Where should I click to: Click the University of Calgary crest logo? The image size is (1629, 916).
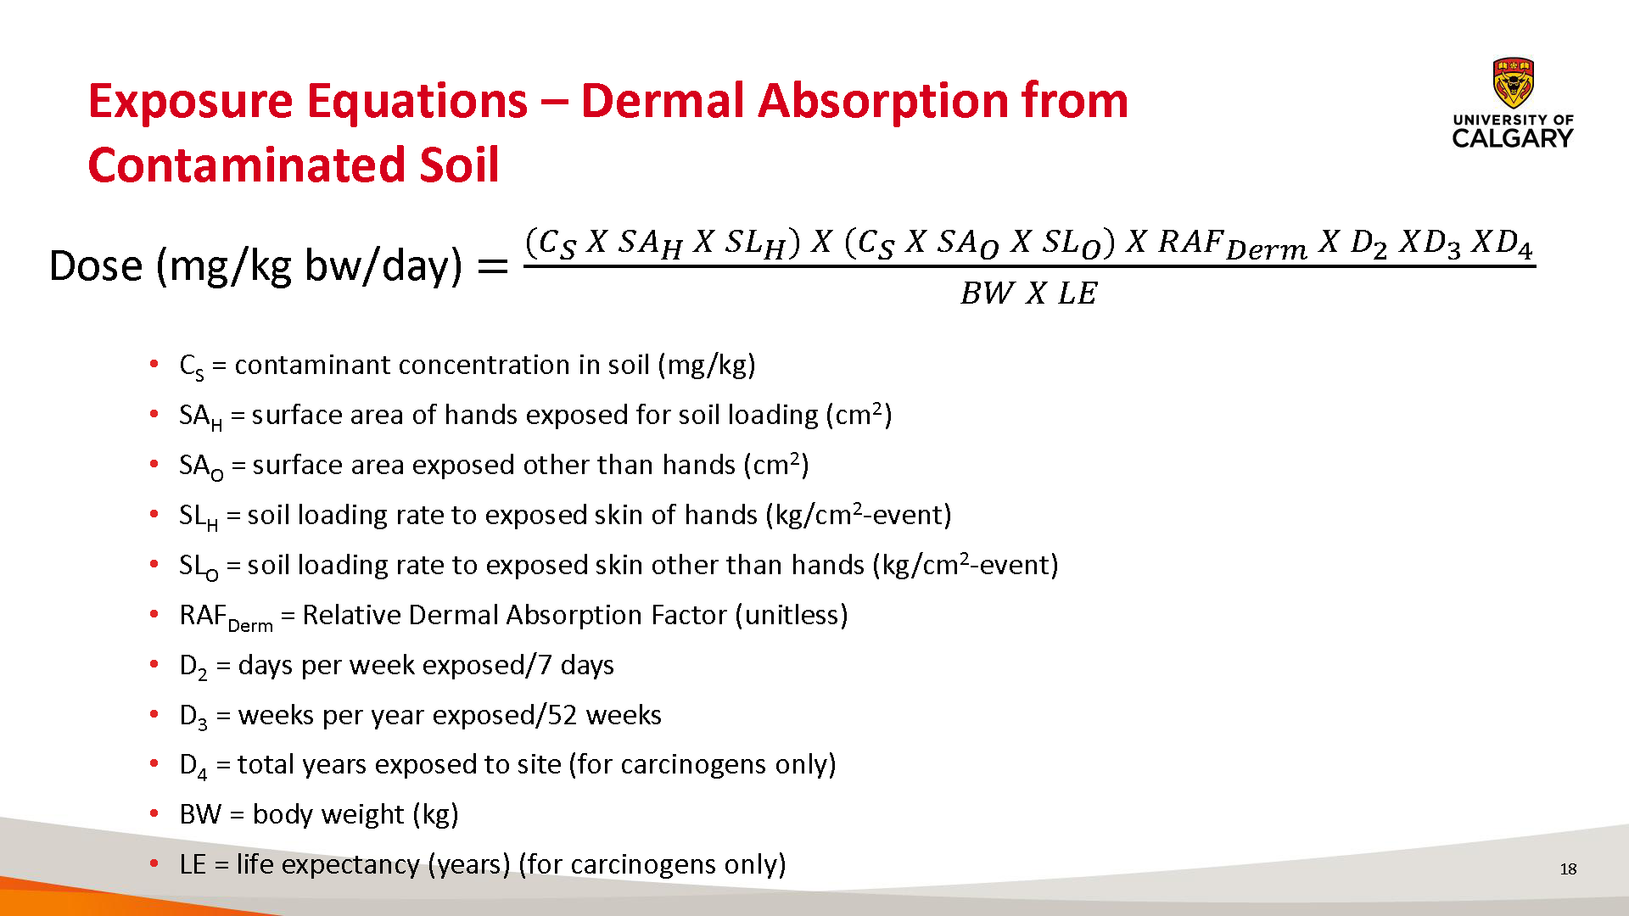click(1514, 83)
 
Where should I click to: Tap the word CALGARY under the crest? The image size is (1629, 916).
click(1513, 138)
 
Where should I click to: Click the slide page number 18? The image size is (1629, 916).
click(1568, 869)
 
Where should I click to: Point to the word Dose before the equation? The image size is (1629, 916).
click(96, 265)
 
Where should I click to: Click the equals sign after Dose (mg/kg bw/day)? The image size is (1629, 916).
click(493, 267)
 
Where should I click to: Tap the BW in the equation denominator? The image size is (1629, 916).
click(987, 293)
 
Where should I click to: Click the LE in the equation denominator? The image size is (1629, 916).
click(1078, 293)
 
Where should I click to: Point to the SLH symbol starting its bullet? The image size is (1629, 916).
click(199, 517)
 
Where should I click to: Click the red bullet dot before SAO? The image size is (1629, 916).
click(154, 464)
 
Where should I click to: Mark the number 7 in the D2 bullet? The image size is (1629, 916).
click(545, 665)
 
